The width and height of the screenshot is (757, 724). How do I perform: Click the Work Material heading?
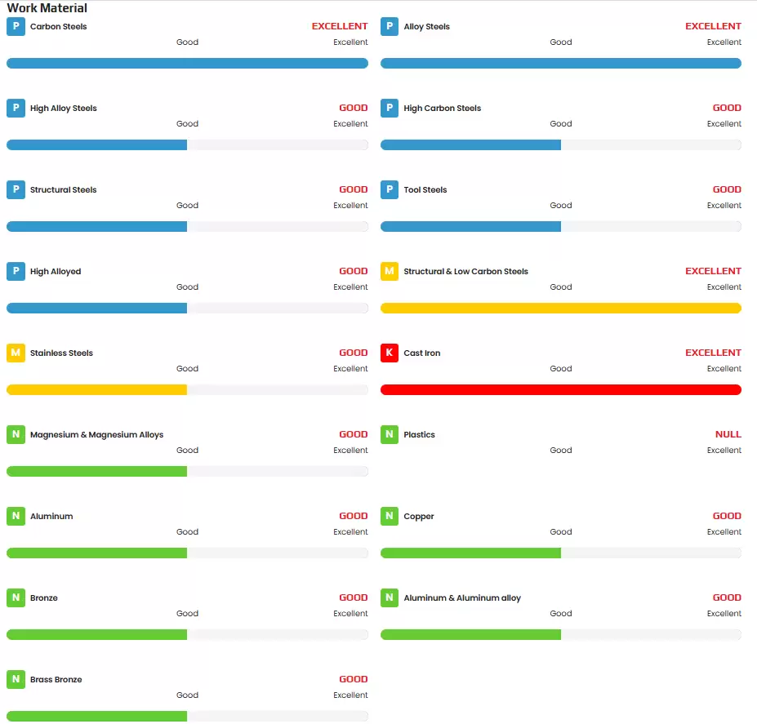[x=47, y=8]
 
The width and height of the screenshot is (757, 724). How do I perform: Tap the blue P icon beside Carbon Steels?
[x=16, y=26]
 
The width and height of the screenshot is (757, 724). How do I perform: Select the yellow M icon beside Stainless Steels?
[x=16, y=353]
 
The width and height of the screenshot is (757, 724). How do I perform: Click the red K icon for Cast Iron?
[x=390, y=353]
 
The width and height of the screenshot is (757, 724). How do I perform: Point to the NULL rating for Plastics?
[x=728, y=434]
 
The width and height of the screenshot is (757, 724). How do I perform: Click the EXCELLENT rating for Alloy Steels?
[x=713, y=26]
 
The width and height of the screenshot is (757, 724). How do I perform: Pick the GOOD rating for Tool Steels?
[x=727, y=189]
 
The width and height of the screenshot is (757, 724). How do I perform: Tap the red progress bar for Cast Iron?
[x=560, y=389]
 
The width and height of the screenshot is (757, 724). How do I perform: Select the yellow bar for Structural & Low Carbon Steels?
[x=560, y=308]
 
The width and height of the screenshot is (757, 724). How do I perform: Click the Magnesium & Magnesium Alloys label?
[x=96, y=435]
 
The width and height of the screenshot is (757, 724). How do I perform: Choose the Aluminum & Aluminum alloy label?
[x=462, y=598]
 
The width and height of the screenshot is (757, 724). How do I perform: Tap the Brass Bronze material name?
[x=56, y=680]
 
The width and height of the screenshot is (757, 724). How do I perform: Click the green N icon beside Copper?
[x=390, y=516]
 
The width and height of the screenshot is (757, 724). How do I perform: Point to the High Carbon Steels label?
[x=442, y=109]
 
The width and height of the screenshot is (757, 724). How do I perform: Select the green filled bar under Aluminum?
[x=96, y=553]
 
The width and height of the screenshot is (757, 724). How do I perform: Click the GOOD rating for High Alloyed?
[x=354, y=271]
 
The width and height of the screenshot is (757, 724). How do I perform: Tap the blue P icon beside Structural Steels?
[x=16, y=189]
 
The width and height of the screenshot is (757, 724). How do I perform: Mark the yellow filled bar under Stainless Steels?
[x=96, y=389]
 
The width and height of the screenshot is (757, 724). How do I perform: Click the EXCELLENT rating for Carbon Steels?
[x=340, y=26]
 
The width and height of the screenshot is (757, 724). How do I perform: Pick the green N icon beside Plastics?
[x=390, y=434]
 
